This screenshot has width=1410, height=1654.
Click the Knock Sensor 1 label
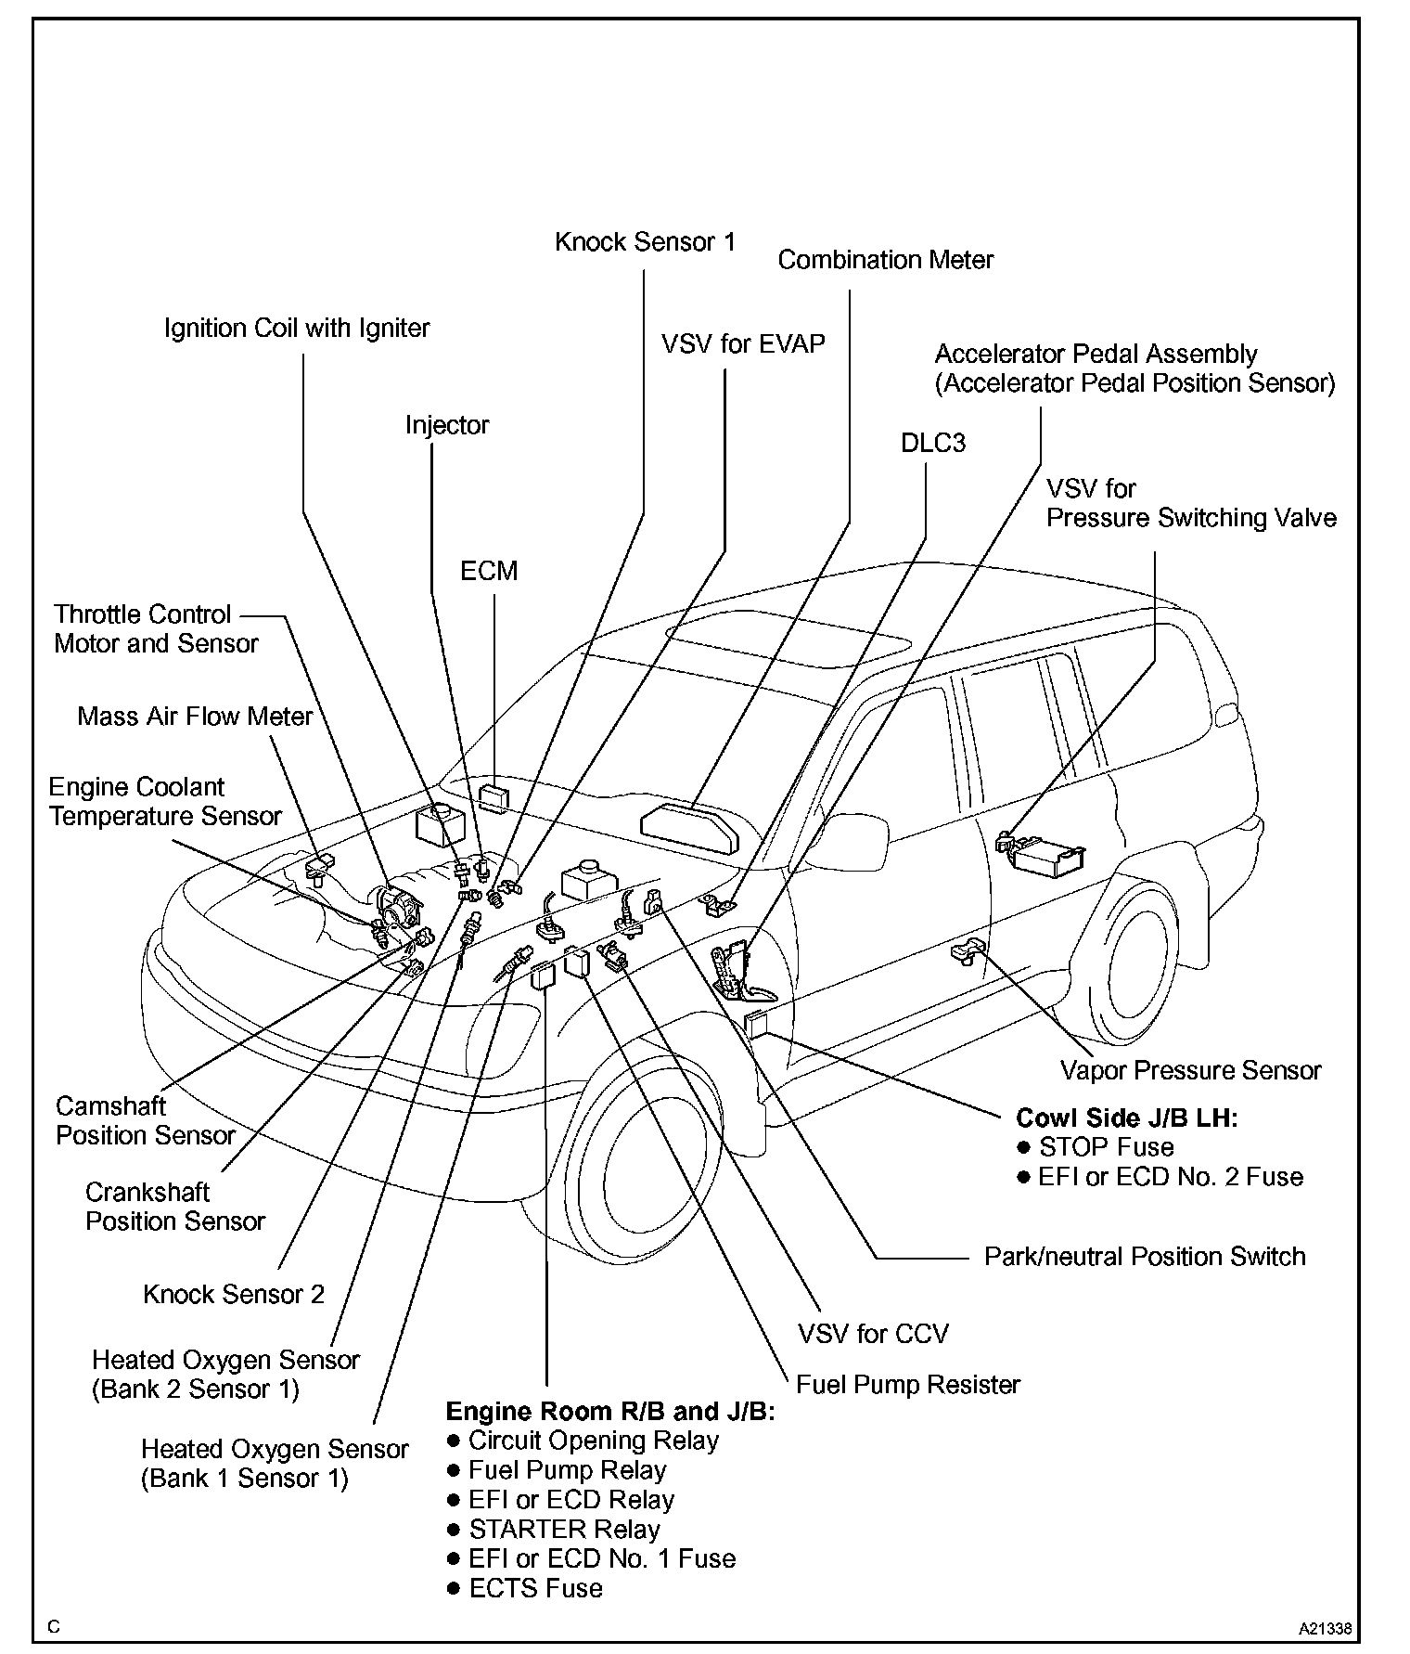[645, 242]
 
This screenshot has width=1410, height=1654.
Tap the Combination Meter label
[885, 260]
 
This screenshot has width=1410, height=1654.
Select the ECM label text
[489, 571]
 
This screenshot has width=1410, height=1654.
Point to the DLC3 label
[932, 444]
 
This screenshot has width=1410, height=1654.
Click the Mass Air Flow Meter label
[195, 717]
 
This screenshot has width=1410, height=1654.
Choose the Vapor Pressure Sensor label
[1190, 1070]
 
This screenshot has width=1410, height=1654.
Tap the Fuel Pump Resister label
[908, 1385]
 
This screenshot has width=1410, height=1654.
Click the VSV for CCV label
[873, 1334]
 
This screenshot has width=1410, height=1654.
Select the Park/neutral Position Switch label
[1145, 1257]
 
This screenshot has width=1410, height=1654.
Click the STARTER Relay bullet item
[564, 1529]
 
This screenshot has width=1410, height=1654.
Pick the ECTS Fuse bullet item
[535, 1588]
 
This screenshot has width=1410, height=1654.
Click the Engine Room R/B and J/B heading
[610, 1412]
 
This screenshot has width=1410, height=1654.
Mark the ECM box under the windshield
[494, 796]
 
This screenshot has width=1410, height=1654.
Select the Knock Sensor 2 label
[234, 1295]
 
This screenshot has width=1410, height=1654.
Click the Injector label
[447, 425]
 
